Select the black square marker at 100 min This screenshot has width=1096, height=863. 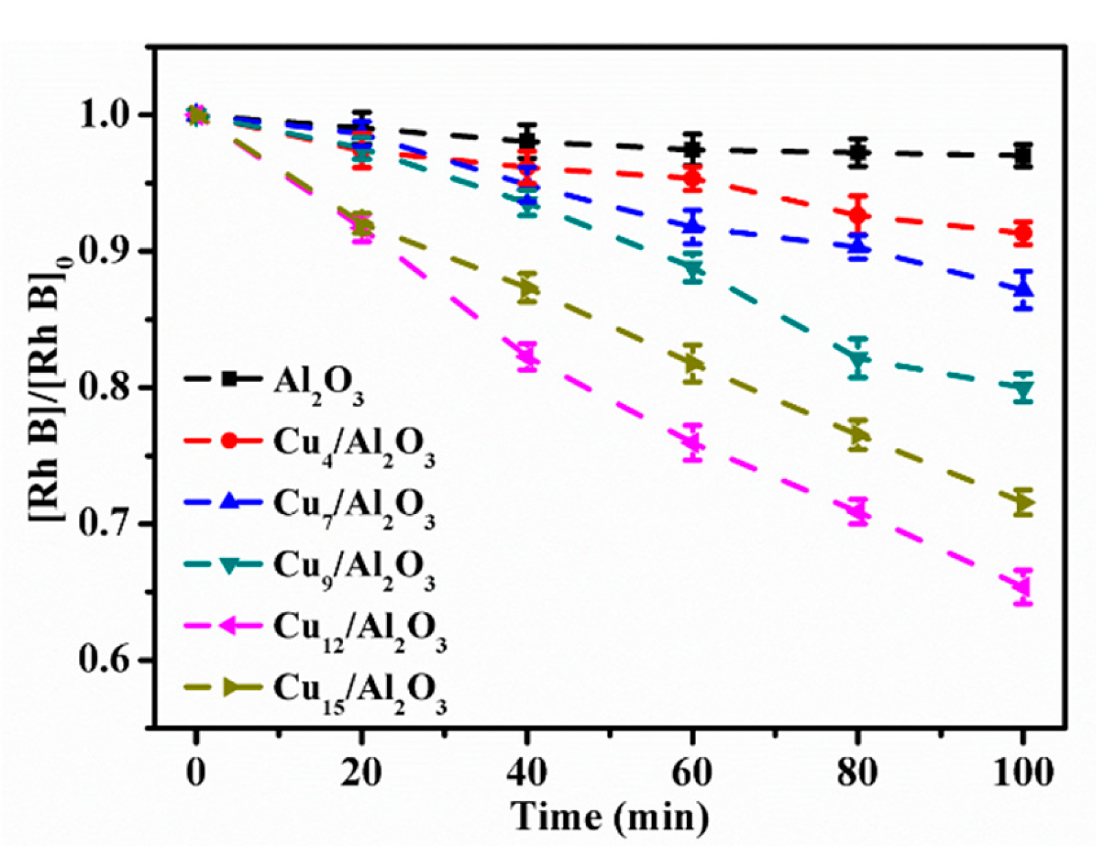pyautogui.click(x=1023, y=156)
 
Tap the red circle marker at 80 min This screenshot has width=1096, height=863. pyautogui.click(x=858, y=215)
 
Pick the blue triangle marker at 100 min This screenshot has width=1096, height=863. pyautogui.click(x=1023, y=289)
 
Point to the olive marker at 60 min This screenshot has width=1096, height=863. pyautogui.click(x=693, y=362)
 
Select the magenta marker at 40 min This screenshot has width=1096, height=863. pyautogui.click(x=527, y=356)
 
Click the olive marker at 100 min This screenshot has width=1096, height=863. pyautogui.click(x=1023, y=503)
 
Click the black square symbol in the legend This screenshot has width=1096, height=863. pyautogui.click(x=230, y=379)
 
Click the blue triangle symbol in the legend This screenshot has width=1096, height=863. pyautogui.click(x=230, y=502)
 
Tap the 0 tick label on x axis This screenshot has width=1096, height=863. pyautogui.click(x=197, y=772)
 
